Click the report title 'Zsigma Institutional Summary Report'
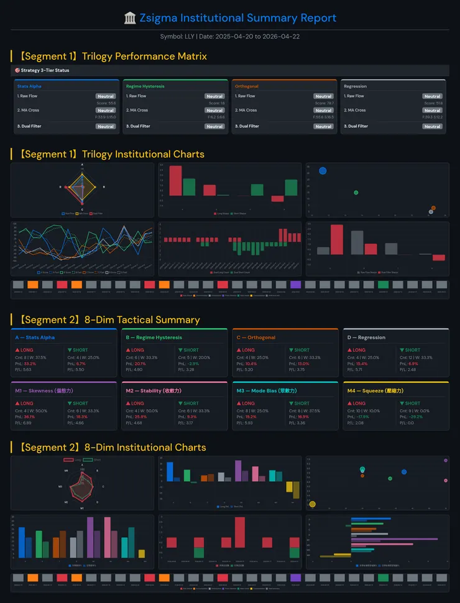tap(237, 18)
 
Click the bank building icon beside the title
tap(131, 18)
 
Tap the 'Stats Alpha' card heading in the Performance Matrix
tap(29, 86)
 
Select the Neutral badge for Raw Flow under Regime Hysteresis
tap(214, 96)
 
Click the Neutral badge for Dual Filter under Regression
tap(432, 126)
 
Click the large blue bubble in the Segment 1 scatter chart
tap(323, 170)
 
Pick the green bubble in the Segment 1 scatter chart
tap(356, 193)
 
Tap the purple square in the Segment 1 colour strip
tap(296, 285)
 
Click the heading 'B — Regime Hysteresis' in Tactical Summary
tap(154, 338)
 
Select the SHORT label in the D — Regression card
tap(412, 350)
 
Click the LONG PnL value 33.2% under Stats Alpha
tap(30, 364)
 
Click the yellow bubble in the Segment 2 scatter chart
tap(313, 504)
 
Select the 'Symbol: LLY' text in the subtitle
tap(178, 37)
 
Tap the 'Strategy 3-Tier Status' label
tap(45, 70)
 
